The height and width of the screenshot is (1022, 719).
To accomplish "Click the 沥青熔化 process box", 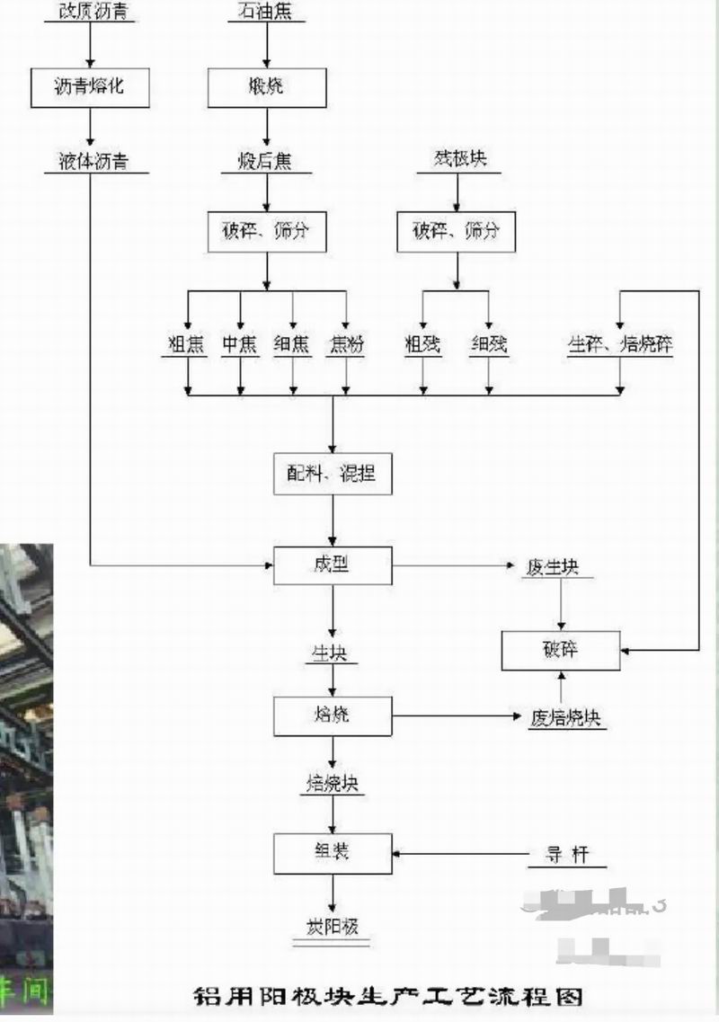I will tap(90, 87).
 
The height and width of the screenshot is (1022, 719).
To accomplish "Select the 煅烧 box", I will tap(266, 87).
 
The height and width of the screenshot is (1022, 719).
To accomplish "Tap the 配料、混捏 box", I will tap(333, 473).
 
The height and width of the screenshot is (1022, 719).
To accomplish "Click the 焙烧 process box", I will tap(333, 716).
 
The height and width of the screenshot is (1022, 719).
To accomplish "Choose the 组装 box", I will tap(333, 853).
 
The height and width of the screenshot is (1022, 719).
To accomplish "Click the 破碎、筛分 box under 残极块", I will tap(457, 231).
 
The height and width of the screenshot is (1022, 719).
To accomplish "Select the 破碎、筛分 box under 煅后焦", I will tap(266, 231).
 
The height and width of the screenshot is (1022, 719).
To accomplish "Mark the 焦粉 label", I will tap(346, 345).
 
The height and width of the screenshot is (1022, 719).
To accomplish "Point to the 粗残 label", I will tap(423, 345).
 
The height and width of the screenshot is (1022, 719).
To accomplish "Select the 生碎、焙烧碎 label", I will tap(620, 345).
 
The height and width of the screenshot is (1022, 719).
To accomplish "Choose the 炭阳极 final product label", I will tap(333, 927).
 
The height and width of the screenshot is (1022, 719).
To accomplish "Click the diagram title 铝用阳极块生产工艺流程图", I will tap(389, 996).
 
